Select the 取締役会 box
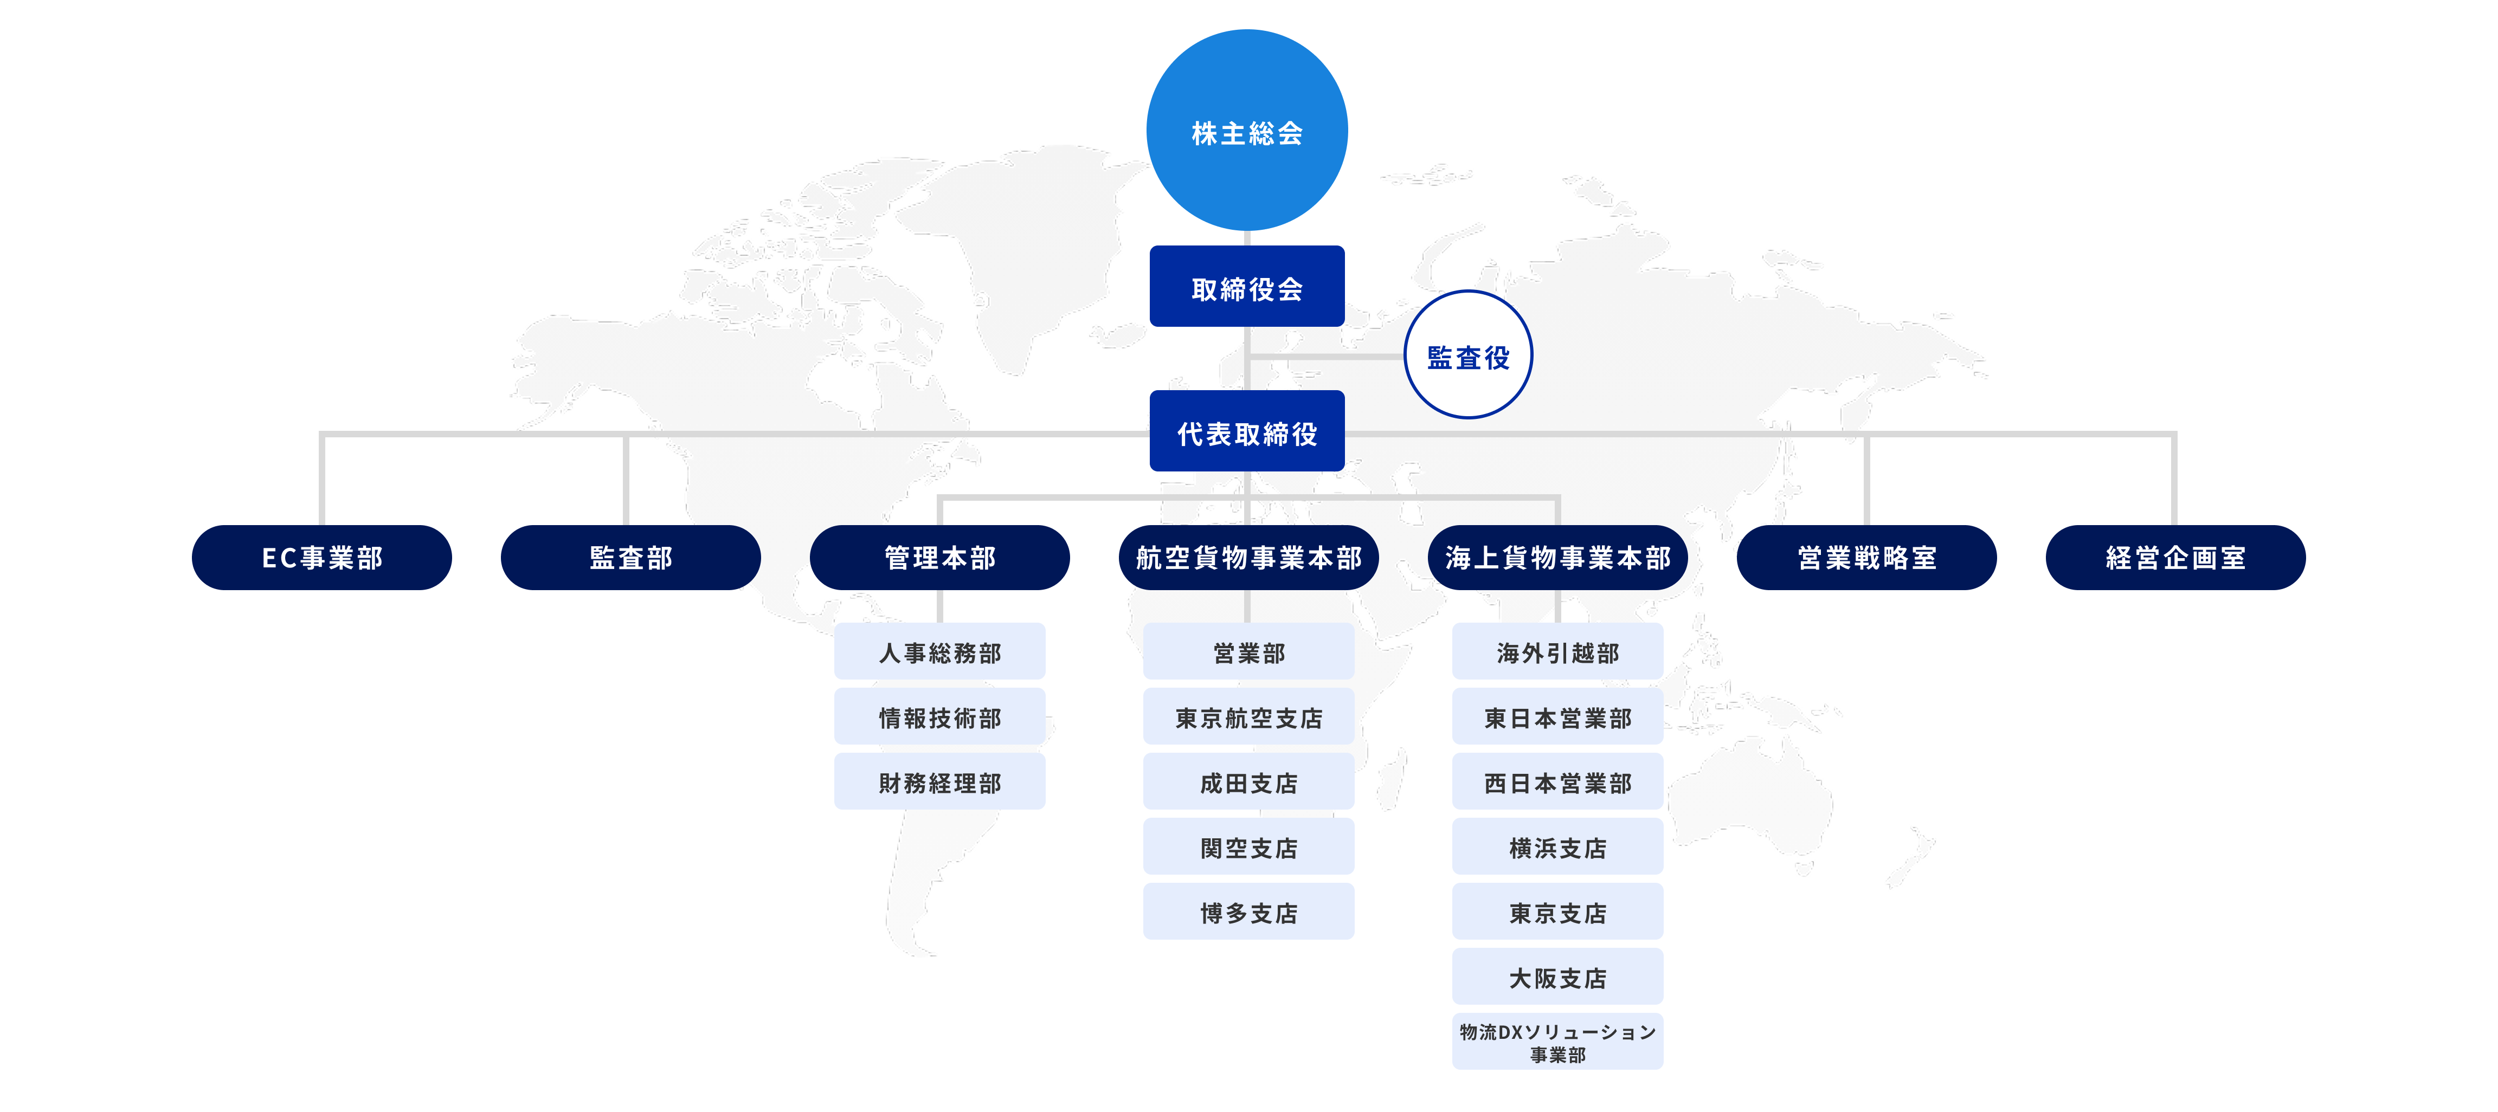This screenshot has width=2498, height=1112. [x=1246, y=287]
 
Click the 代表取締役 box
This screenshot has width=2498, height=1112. [x=1246, y=431]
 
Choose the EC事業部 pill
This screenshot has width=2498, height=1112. [x=322, y=558]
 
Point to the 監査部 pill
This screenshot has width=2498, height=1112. [x=630, y=558]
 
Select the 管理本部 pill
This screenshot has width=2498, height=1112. [x=939, y=558]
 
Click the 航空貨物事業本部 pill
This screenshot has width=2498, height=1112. [x=1248, y=558]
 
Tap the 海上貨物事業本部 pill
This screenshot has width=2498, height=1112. [x=1557, y=558]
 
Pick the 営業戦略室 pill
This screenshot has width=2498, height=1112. [x=1866, y=558]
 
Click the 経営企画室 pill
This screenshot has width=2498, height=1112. [x=2175, y=558]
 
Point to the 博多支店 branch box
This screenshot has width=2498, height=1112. [x=1248, y=911]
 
